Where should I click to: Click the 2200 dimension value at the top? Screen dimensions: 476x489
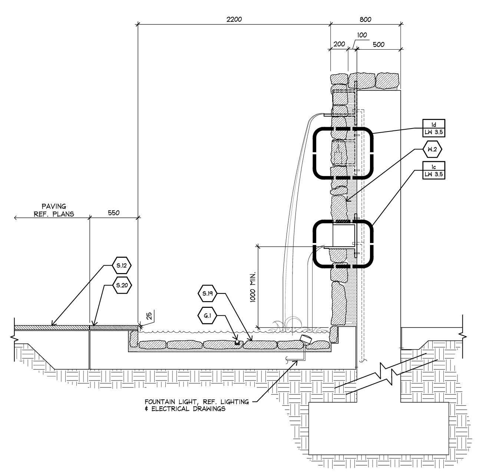click(x=234, y=19)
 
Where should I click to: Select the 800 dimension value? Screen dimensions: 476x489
click(x=365, y=19)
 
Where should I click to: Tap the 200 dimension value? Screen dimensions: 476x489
click(x=339, y=44)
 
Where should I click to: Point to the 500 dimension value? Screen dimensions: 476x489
click(x=378, y=44)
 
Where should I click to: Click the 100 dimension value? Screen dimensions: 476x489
click(x=362, y=35)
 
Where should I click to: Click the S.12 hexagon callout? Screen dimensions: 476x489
click(x=122, y=265)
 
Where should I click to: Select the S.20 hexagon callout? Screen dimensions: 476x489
click(x=122, y=285)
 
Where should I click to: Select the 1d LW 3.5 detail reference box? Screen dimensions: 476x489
click(x=434, y=128)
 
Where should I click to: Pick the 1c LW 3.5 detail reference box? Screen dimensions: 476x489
click(x=434, y=170)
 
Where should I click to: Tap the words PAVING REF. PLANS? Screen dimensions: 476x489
click(x=54, y=210)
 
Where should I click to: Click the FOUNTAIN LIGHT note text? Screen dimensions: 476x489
click(x=196, y=405)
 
